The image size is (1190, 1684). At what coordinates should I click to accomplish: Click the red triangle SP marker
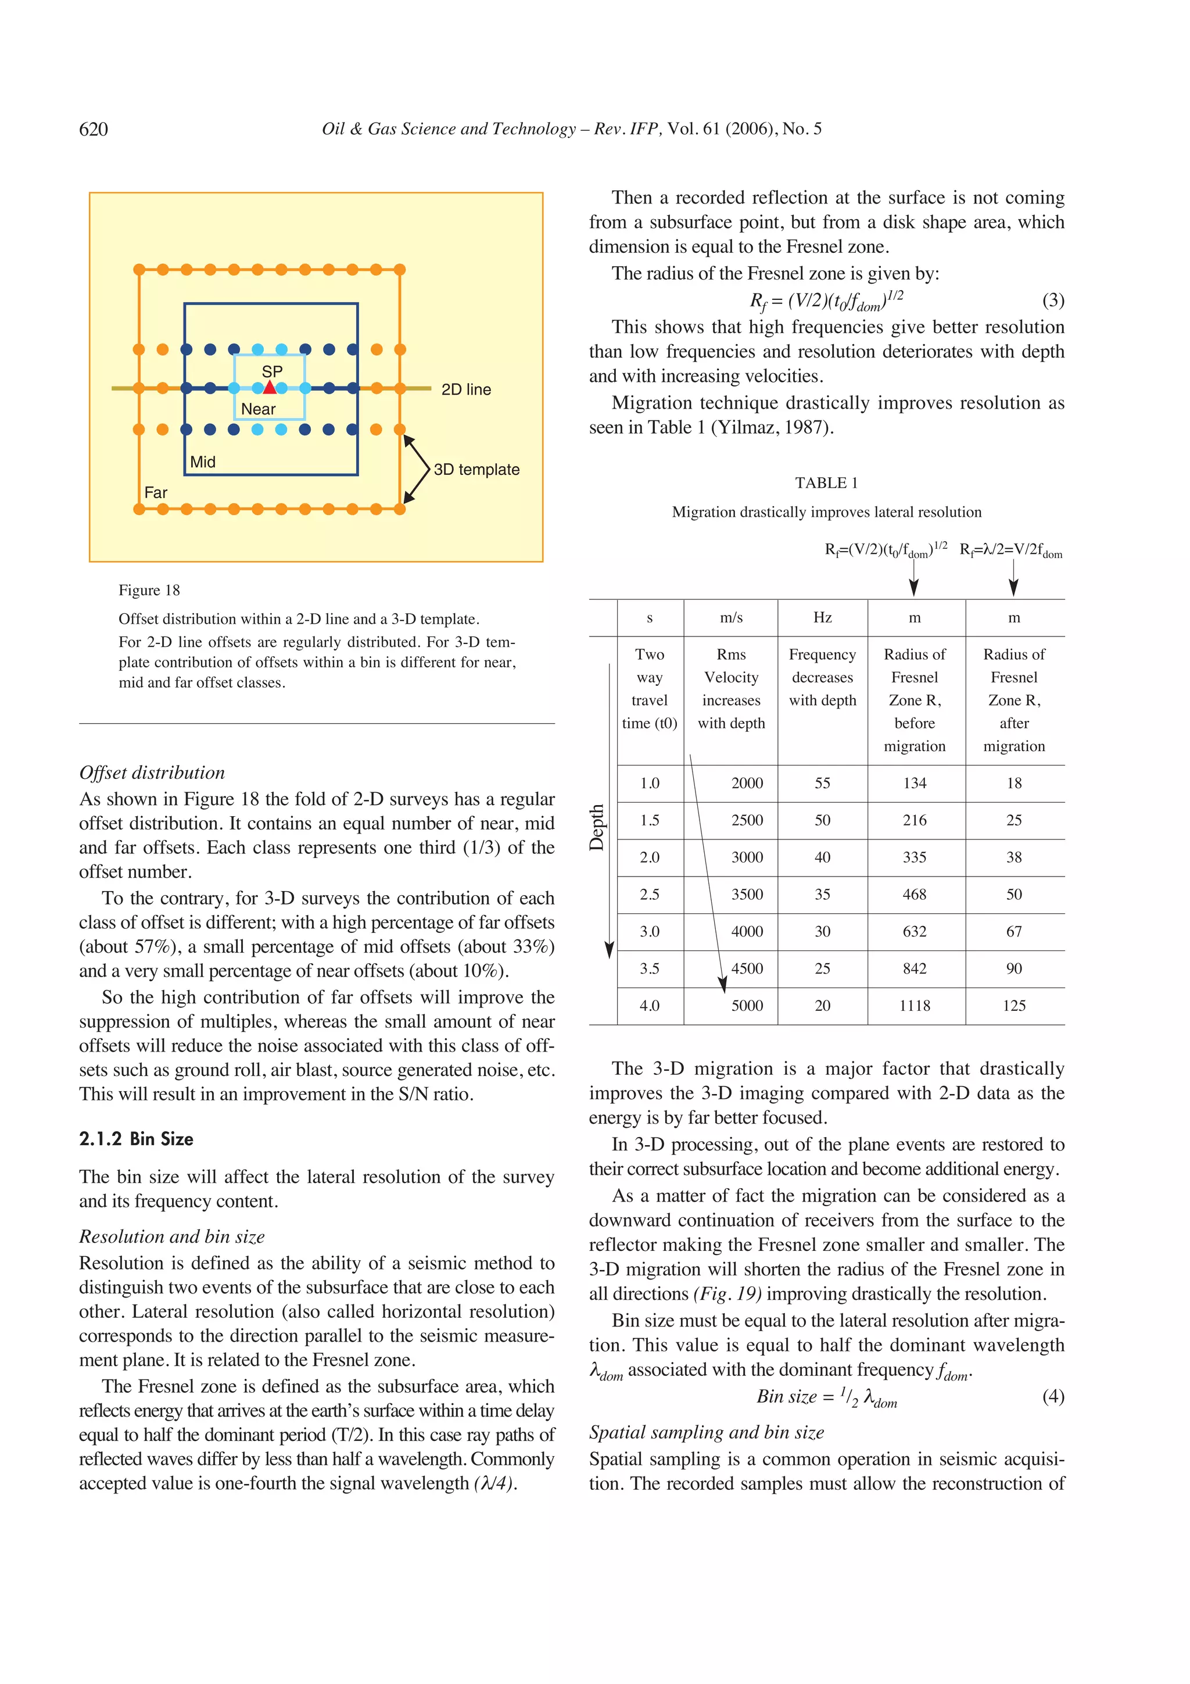(x=270, y=387)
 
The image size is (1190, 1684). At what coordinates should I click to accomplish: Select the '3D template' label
(x=476, y=470)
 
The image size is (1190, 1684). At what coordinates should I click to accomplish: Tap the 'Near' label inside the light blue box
(x=258, y=409)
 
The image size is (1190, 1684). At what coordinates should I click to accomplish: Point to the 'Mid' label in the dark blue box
(x=202, y=462)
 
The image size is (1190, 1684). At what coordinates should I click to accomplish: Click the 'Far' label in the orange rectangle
(x=156, y=493)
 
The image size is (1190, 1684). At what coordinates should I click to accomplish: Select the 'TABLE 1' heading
(x=826, y=482)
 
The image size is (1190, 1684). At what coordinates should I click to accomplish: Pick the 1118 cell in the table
(x=915, y=1006)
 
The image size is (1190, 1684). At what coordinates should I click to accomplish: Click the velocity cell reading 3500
(x=747, y=894)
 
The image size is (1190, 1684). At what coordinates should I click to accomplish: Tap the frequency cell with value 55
(x=822, y=784)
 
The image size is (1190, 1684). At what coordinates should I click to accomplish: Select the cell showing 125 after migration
(x=1013, y=1006)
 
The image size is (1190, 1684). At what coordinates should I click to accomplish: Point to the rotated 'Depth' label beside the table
(x=597, y=827)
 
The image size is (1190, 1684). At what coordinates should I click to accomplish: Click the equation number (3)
(x=1053, y=300)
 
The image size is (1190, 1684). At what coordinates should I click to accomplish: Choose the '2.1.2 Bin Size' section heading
(x=137, y=1139)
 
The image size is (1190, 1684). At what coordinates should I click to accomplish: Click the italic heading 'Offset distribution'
(x=152, y=773)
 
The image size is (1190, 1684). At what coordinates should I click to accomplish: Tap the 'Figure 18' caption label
(x=149, y=591)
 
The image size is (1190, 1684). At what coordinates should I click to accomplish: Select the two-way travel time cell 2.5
(x=649, y=894)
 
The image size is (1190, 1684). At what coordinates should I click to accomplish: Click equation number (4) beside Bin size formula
(x=1053, y=1396)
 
